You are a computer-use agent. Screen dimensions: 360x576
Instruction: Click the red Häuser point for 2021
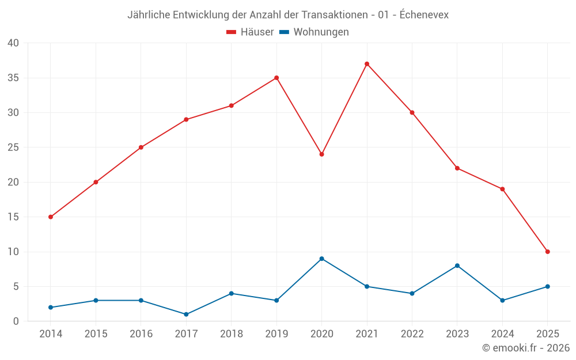(367, 64)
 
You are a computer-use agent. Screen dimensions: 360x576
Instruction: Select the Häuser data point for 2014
(51, 217)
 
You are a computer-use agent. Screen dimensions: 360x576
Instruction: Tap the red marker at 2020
(321, 154)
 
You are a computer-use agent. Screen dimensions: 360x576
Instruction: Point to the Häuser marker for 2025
(547, 252)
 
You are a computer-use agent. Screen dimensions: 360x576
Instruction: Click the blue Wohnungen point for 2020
(321, 259)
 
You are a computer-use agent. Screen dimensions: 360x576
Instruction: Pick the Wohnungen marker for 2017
(186, 314)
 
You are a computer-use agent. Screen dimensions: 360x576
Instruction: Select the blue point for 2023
(457, 266)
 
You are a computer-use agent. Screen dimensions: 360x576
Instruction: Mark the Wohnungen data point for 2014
(51, 308)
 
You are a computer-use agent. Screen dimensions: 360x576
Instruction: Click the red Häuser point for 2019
(276, 78)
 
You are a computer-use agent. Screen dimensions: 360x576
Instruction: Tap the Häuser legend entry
(250, 32)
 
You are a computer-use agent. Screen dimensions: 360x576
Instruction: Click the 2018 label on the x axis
(231, 334)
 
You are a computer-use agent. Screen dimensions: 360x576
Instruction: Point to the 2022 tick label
(412, 334)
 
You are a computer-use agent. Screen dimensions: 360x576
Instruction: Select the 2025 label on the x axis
(547, 334)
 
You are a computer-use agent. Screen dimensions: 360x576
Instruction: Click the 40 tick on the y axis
(13, 43)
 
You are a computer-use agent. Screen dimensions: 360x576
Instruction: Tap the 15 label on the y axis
(13, 217)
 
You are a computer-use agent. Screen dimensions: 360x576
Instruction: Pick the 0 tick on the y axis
(16, 321)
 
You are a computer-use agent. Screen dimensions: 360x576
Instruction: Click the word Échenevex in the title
(424, 15)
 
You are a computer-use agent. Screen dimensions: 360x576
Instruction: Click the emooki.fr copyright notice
(526, 348)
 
